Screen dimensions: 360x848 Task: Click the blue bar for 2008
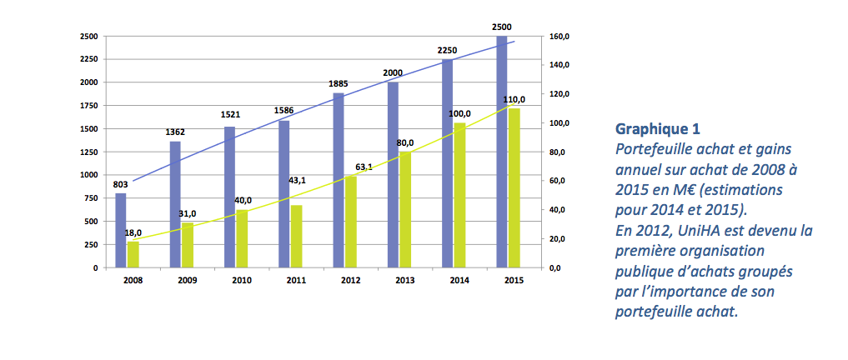pos(121,230)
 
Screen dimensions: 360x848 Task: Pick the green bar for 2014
pos(459,195)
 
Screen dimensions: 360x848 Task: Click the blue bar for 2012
pos(339,180)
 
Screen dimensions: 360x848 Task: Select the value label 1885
pos(338,83)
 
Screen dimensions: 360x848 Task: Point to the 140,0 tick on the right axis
pos(559,65)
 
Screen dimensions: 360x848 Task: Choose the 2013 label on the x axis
pos(404,280)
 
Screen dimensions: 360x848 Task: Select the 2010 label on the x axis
pos(242,280)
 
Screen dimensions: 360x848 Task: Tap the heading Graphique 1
pos(657,129)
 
